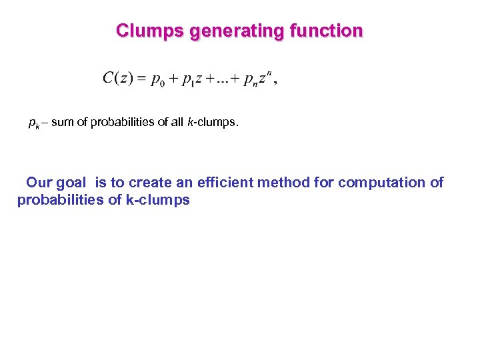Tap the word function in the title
click(327, 31)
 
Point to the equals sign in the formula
click(141, 79)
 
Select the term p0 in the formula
click(157, 81)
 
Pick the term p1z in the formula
click(193, 81)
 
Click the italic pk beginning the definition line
click(33, 123)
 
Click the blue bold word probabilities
click(61, 200)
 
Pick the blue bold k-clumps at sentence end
click(158, 200)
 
